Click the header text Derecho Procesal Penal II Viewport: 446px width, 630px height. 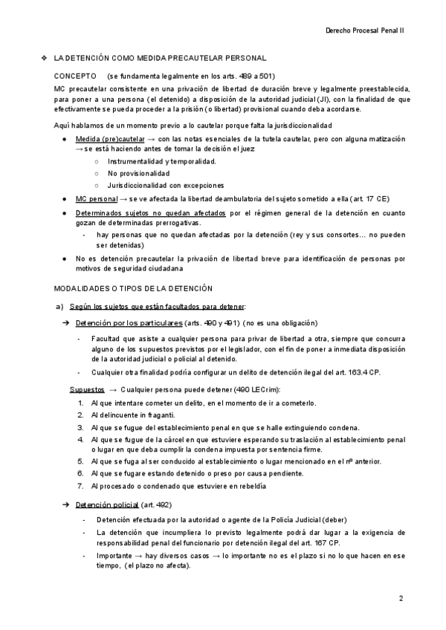pos(364,32)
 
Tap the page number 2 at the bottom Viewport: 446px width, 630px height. pos(401,598)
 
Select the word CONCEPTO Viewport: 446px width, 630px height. pos(76,76)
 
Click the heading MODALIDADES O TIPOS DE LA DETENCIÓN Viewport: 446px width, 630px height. pos(123,288)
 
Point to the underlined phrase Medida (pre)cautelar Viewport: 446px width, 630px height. pos(110,139)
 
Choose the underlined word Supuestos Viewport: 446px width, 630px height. pos(87,389)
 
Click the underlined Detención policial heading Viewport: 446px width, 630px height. pos(107,505)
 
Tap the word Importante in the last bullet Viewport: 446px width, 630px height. pos(116,555)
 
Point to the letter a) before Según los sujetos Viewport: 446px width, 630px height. pos(60,307)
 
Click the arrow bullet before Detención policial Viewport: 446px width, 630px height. pos(65,505)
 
